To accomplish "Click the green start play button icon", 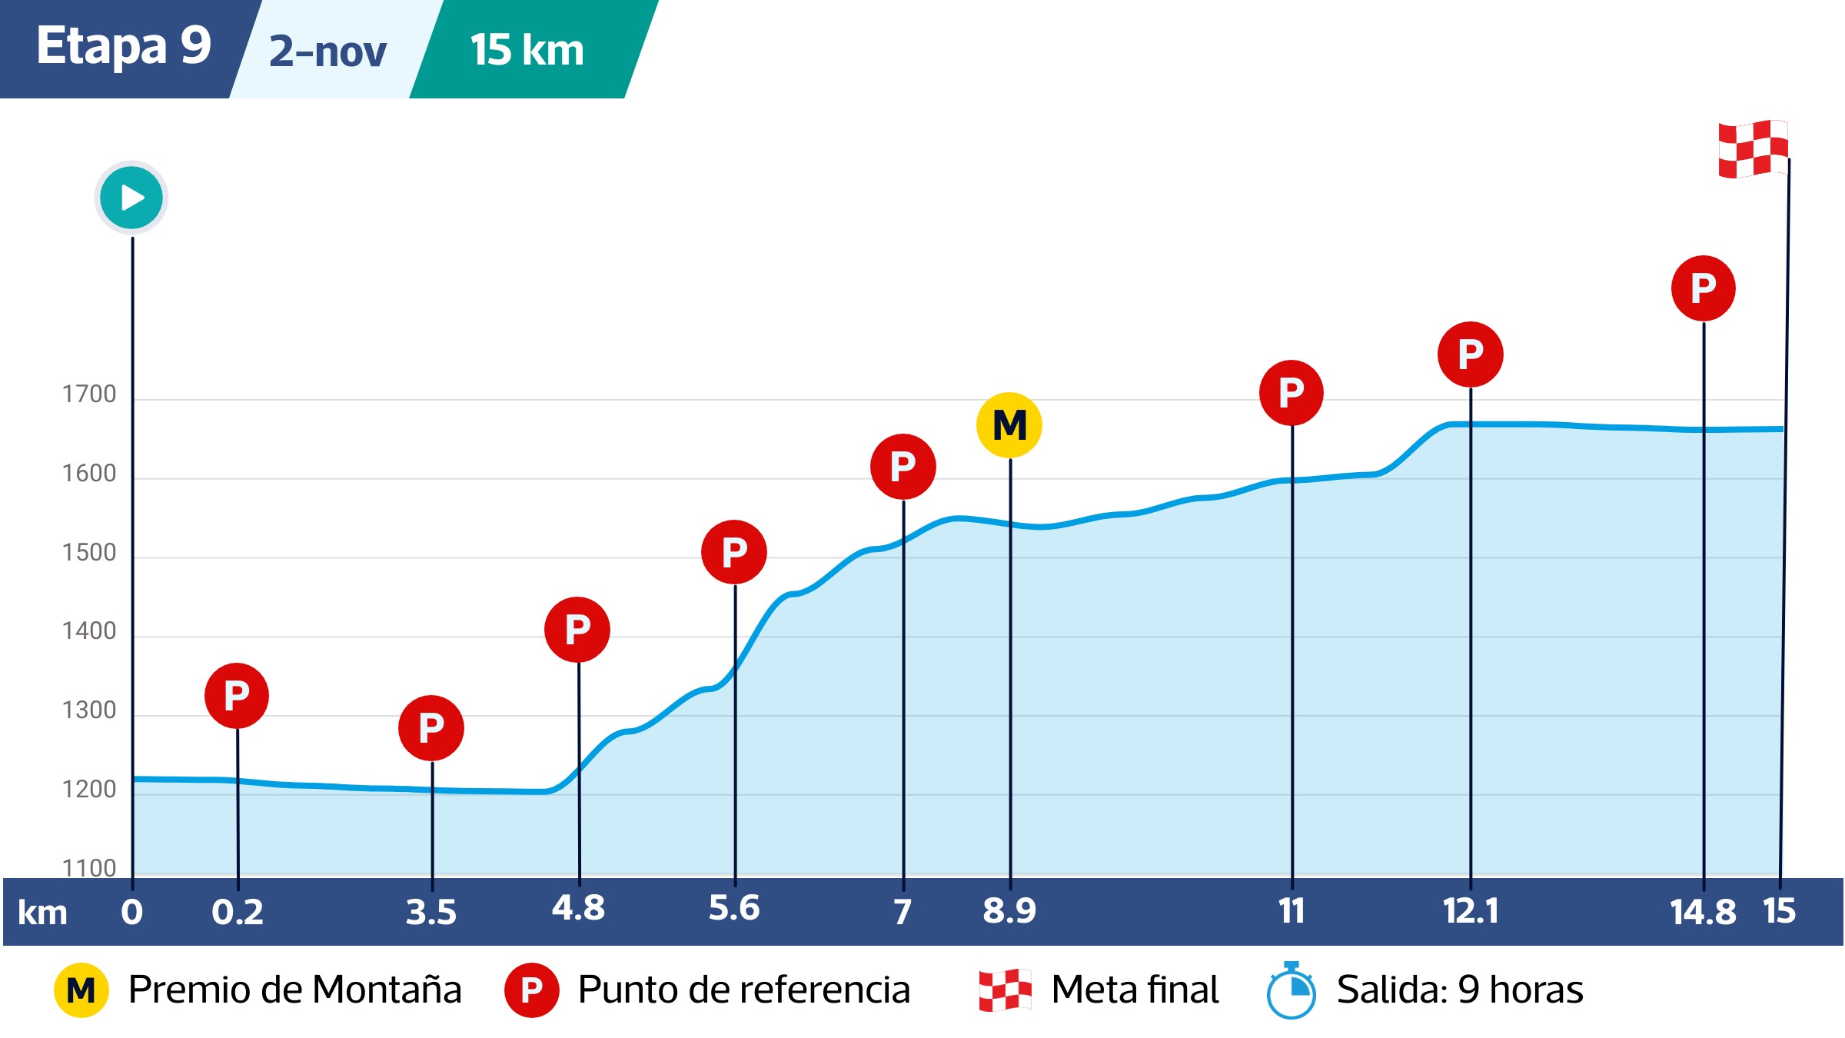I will pyautogui.click(x=131, y=198).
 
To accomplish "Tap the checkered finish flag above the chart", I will pyautogui.click(x=1753, y=148).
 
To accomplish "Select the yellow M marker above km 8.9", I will pyautogui.click(x=1009, y=425).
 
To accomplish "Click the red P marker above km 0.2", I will pyautogui.click(x=237, y=696).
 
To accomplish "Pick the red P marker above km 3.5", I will pyautogui.click(x=431, y=728).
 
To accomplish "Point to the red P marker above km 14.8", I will pyautogui.click(x=1703, y=288).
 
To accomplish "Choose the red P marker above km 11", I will pyautogui.click(x=1291, y=393).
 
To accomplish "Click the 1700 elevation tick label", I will pyautogui.click(x=89, y=394).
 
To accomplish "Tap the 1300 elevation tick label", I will pyautogui.click(x=89, y=710).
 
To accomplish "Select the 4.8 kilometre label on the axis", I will pyautogui.click(x=578, y=908).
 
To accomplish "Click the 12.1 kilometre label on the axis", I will pyautogui.click(x=1470, y=911).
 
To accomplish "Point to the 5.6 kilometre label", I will pyautogui.click(x=734, y=908).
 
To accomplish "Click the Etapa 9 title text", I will pyautogui.click(x=124, y=46).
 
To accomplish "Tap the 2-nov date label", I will pyautogui.click(x=328, y=52).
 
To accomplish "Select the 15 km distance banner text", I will pyautogui.click(x=527, y=50).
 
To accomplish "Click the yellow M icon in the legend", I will pyautogui.click(x=81, y=990).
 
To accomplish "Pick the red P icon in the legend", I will pyautogui.click(x=531, y=990).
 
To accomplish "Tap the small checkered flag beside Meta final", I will pyautogui.click(x=1005, y=990).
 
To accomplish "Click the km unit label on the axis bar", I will pyautogui.click(x=42, y=913).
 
